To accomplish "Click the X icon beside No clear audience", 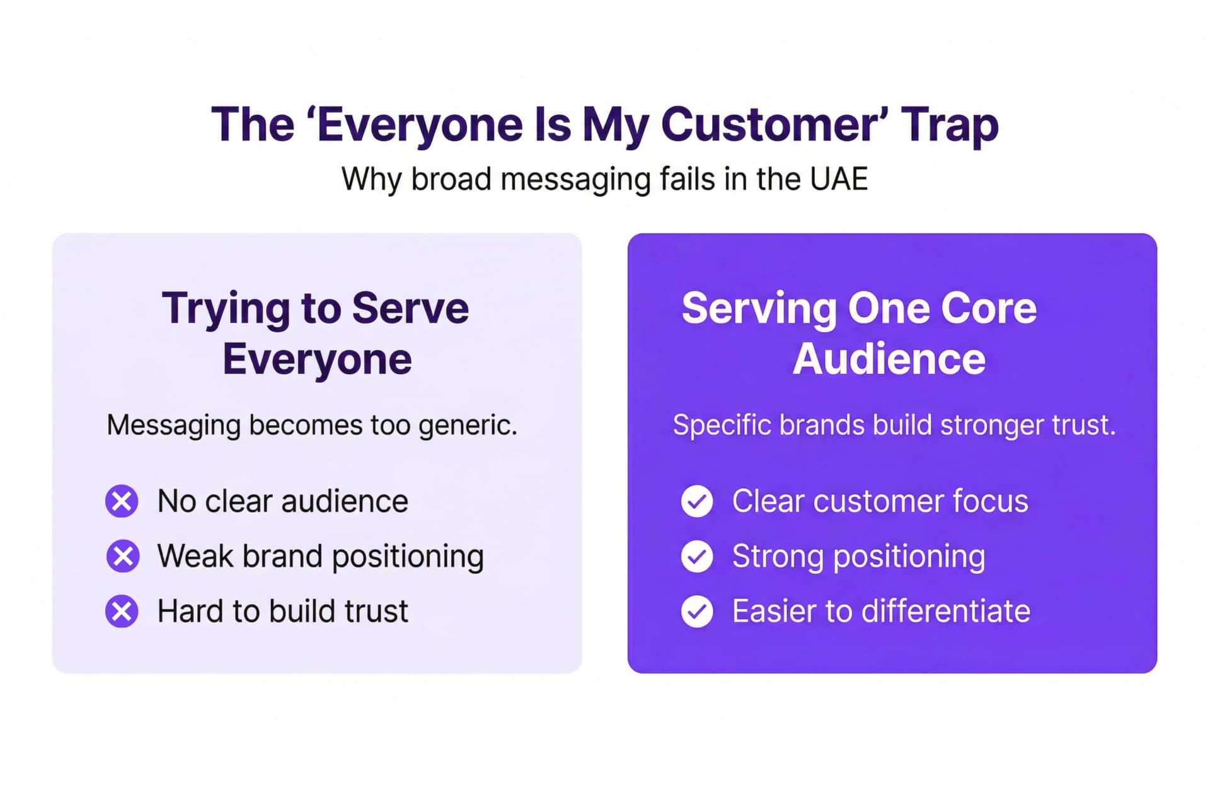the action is (x=122, y=501).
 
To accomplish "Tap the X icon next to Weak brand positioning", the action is (x=122, y=556).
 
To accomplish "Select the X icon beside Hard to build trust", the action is (x=122, y=611).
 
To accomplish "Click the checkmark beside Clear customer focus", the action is (x=697, y=501).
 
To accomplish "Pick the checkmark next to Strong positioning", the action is (x=697, y=556).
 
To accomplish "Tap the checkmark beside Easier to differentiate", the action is (x=697, y=611).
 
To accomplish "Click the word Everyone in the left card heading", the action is (x=317, y=359).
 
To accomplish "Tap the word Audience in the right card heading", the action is (x=889, y=359).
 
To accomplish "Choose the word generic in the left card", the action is (x=468, y=426).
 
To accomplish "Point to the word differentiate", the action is (x=945, y=611).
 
